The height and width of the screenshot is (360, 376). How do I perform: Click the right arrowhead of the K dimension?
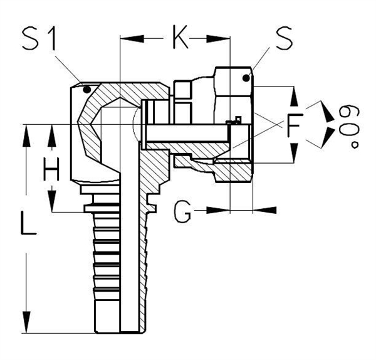[x=222, y=40]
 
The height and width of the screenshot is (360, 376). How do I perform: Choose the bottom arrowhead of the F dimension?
[x=294, y=154]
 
